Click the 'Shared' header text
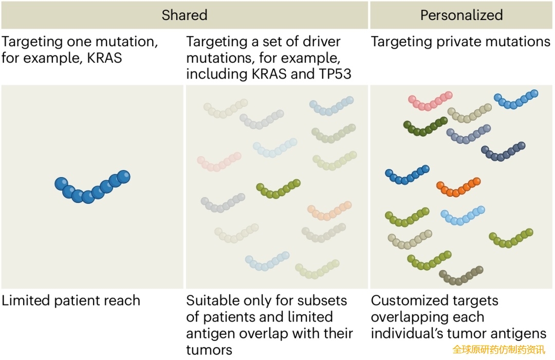[184, 15]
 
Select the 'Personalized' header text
[461, 15]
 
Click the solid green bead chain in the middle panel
[278, 190]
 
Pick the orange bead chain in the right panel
[458, 188]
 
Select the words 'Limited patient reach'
[70, 300]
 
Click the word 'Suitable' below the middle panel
[210, 300]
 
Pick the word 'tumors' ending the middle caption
[209, 350]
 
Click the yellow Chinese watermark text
[498, 350]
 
